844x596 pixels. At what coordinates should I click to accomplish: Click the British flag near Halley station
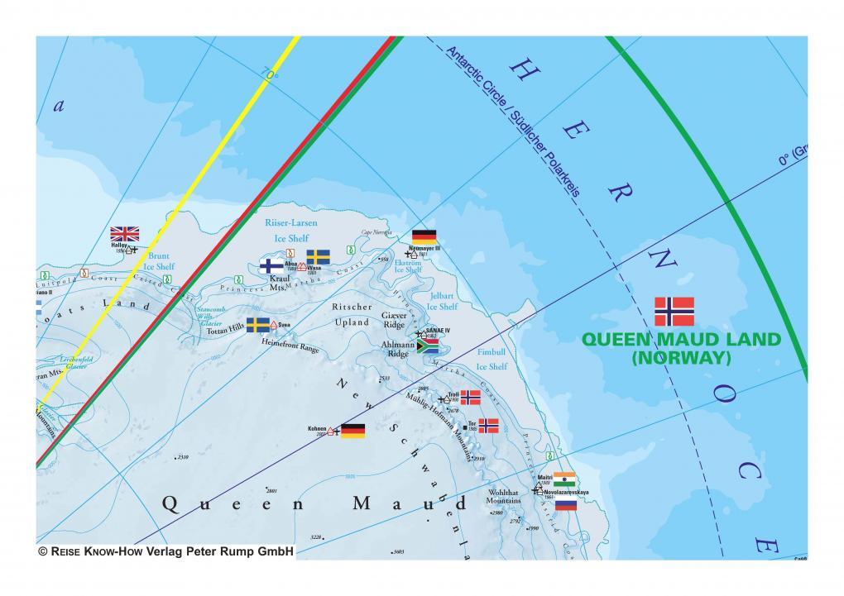tap(125, 233)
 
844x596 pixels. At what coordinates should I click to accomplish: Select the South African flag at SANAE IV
tap(427, 347)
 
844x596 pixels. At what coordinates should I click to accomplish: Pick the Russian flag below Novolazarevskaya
tap(566, 503)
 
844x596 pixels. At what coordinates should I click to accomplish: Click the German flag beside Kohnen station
tap(353, 430)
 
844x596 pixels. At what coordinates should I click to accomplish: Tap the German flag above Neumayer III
tap(424, 236)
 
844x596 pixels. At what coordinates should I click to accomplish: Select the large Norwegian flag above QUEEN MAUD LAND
tap(674, 312)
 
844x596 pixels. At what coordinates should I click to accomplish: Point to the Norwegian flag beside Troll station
tap(470, 397)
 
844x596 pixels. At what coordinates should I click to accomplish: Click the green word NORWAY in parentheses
tap(680, 358)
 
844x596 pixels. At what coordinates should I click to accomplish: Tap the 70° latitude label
tap(271, 76)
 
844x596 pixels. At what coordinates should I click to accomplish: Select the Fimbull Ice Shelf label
tap(492, 359)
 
